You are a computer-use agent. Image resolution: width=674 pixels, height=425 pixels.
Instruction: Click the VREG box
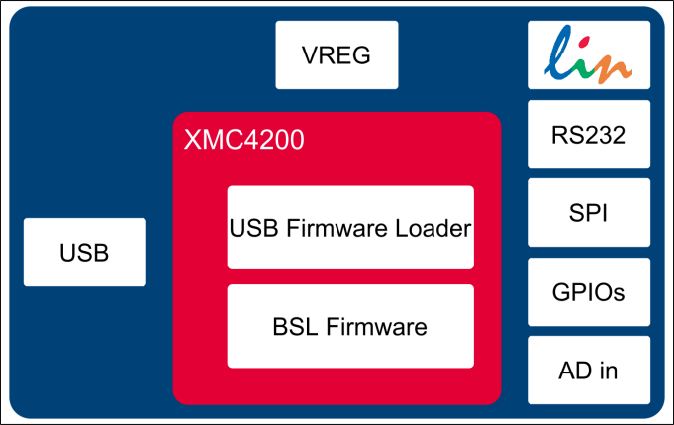[x=337, y=55]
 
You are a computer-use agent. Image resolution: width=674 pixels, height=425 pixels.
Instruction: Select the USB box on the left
[x=84, y=253]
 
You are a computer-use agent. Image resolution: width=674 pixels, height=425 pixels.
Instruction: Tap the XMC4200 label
[x=243, y=139]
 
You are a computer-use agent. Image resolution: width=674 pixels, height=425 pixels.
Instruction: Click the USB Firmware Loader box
[x=350, y=228]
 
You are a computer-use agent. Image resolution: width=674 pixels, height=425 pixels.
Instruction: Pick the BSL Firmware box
[x=350, y=326]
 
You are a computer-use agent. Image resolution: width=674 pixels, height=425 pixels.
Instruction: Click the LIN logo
[x=589, y=55]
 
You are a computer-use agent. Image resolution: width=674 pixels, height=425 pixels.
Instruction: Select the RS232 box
[x=589, y=135]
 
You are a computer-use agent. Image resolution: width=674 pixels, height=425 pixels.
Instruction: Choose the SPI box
[x=589, y=213]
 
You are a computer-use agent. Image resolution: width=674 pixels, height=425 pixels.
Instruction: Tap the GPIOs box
[x=589, y=292]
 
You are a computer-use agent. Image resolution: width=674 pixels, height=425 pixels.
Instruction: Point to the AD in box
[x=589, y=371]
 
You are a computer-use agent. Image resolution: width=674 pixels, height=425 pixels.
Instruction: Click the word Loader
[x=433, y=228]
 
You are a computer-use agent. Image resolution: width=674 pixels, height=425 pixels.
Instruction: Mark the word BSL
[x=294, y=326]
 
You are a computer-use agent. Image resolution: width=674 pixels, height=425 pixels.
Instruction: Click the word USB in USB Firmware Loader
[x=251, y=228]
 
